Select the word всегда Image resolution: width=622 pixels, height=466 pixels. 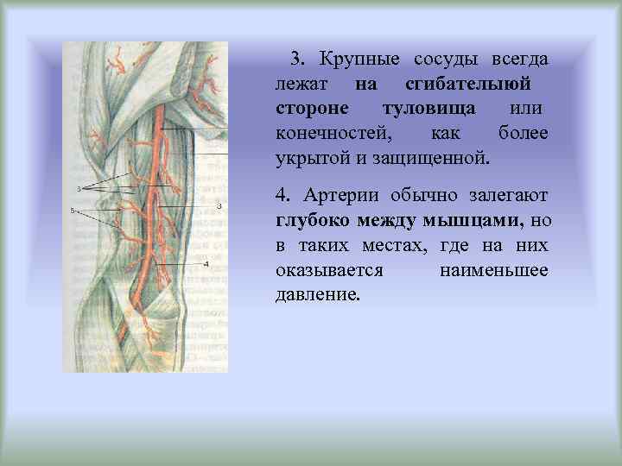[519, 60]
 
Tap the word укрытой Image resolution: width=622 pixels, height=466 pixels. [310, 159]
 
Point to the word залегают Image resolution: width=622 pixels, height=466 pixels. [509, 197]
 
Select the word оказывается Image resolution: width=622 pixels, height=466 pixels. [328, 270]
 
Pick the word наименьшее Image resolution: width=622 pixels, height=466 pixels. [493, 270]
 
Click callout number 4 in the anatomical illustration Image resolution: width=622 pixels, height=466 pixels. [206, 263]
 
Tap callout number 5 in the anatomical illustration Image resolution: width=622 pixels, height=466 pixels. [73, 210]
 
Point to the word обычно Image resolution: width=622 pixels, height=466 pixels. [424, 197]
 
